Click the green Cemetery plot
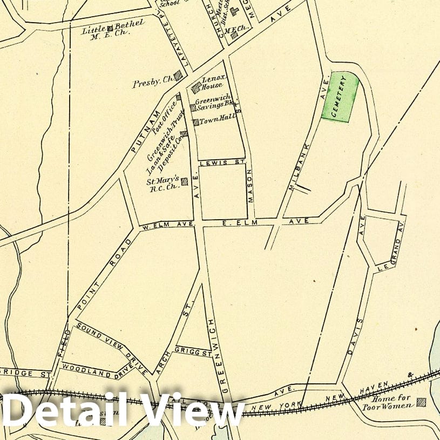coord(341,97)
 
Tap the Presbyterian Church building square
coord(178,77)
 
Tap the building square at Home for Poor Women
coord(421,402)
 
